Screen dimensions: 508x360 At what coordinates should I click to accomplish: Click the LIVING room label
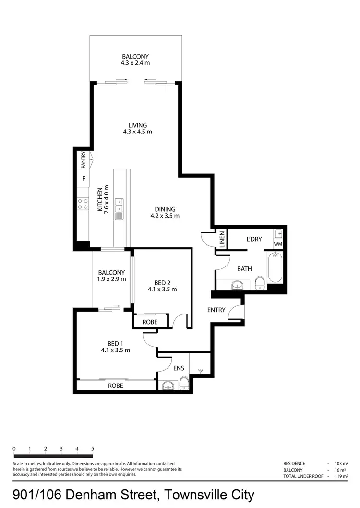[138, 125]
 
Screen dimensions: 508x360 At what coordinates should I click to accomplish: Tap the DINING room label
[165, 209]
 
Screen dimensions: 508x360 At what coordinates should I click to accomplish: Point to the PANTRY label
[84, 160]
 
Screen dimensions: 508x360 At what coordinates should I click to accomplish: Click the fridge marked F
[84, 179]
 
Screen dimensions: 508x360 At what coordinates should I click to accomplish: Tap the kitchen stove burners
[83, 205]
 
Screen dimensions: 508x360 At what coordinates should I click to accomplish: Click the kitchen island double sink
[119, 209]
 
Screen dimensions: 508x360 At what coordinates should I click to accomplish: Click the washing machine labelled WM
[278, 244]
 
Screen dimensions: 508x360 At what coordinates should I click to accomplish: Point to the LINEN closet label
[222, 239]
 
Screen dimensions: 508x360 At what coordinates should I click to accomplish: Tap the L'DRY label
[254, 239]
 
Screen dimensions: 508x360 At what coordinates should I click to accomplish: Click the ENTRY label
[216, 310]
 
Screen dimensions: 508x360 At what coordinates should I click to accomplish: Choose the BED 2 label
[162, 282]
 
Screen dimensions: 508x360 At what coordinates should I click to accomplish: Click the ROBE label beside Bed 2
[150, 322]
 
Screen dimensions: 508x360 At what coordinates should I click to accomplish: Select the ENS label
[179, 369]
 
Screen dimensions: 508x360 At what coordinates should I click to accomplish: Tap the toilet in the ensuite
[184, 383]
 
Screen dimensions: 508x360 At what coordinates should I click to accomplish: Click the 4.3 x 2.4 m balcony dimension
[135, 62]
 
